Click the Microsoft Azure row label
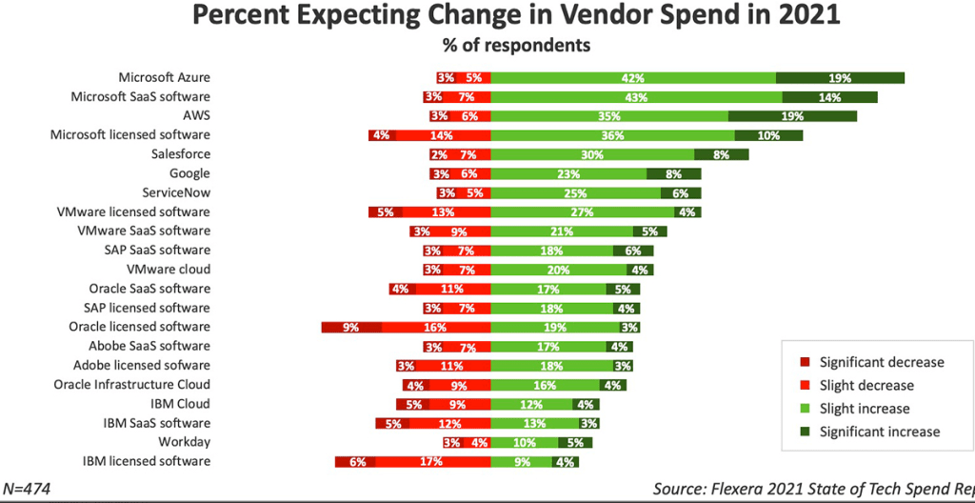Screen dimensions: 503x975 164,77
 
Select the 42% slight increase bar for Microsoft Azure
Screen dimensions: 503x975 633,78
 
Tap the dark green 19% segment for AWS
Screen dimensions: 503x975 792,116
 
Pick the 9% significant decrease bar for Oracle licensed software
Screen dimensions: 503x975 351,327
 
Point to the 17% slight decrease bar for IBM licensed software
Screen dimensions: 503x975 433,462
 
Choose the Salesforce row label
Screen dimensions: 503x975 181,154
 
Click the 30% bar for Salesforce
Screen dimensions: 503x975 592,154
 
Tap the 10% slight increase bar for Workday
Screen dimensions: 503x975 523,443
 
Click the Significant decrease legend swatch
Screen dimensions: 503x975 802,362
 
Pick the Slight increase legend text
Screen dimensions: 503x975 865,409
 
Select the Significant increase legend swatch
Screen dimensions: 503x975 802,432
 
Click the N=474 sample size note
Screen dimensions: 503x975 26,489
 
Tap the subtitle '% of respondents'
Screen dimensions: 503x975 515,45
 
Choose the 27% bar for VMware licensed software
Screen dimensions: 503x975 581,212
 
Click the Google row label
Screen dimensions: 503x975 189,173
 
